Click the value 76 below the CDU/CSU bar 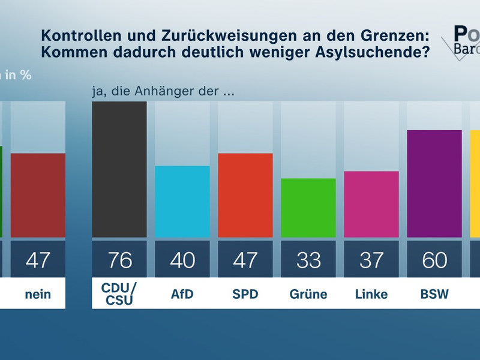119,260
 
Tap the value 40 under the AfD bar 182,260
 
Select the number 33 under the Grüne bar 308,260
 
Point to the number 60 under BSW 434,260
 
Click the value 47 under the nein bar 38,260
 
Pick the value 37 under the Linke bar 371,260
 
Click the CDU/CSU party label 119,294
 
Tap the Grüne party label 308,294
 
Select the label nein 38,294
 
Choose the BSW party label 434,294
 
